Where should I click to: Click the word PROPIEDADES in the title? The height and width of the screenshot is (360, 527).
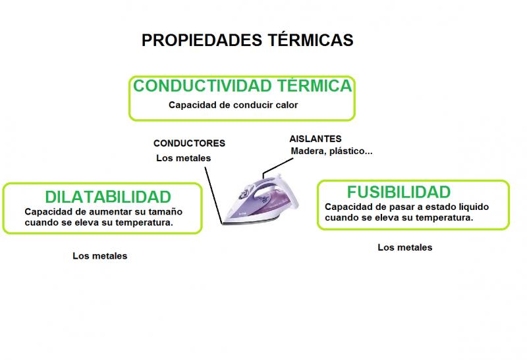202,40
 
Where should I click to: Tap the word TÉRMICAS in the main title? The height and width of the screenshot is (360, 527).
310,39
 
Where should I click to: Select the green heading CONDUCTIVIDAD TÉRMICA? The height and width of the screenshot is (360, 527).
242,86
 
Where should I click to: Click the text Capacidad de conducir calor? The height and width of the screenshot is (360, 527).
233,105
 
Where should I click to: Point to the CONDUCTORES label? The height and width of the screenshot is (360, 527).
189,143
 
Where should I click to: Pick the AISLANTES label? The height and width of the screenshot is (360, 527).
316,139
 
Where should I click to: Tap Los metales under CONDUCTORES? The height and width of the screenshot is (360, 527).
184,158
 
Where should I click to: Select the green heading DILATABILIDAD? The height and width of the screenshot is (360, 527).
108,197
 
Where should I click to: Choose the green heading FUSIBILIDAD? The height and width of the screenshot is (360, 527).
399,192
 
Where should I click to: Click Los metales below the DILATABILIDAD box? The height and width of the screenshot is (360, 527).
100,256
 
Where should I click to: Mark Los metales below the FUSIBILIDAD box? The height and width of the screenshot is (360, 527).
405,247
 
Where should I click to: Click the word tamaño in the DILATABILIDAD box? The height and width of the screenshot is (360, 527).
165,212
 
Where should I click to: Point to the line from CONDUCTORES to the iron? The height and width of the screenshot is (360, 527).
213,195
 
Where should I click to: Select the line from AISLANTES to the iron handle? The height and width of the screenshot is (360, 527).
277,168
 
